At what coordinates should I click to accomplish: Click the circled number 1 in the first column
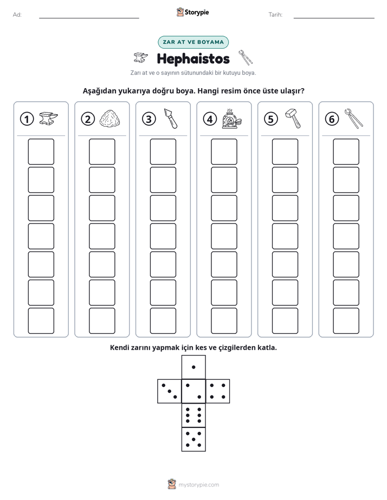coord(27,119)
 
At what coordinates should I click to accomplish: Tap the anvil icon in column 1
coord(49,118)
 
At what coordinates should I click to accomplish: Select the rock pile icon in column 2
coord(110,119)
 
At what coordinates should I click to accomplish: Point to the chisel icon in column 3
coord(171,119)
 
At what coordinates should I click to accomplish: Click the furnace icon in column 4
coord(231,119)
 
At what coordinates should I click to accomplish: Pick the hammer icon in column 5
coord(293,119)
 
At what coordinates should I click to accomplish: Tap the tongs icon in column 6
coord(353,119)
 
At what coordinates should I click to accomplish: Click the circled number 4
coord(210,119)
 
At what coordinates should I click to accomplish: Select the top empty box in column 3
coord(163,152)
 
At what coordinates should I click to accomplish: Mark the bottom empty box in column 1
coord(41,321)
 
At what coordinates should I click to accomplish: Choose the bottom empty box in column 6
coord(346,321)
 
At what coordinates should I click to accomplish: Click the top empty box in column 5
coord(285,152)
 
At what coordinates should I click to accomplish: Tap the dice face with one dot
coord(193,367)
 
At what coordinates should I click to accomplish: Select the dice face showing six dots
coord(193,415)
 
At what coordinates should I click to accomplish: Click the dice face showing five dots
coord(193,439)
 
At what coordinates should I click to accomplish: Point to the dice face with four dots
coord(218,391)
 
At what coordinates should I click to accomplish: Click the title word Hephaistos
coord(193,58)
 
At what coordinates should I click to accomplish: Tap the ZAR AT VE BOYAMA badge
coord(193,42)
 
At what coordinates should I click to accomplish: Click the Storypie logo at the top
coord(192,12)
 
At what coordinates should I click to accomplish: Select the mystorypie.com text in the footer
coord(198,485)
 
